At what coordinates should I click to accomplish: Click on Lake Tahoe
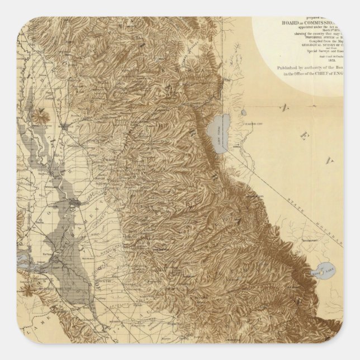(x=215, y=137)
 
